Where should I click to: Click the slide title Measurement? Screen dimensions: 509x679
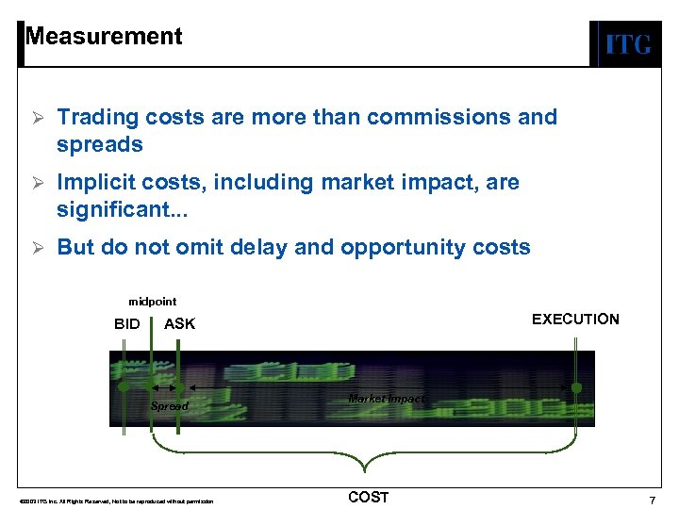click(104, 37)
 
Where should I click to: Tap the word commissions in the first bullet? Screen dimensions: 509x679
click(441, 117)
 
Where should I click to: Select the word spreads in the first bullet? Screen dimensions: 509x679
click(99, 144)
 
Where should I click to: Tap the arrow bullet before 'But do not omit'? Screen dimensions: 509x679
click(38, 248)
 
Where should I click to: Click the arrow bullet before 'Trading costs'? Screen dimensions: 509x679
click(38, 118)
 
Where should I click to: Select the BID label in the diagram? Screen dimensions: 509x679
click(127, 324)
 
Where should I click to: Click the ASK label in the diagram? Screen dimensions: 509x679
click(180, 324)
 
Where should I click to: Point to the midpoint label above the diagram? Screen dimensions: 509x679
click(153, 302)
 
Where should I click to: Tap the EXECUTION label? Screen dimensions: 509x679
click(575, 320)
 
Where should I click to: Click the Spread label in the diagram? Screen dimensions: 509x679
click(170, 406)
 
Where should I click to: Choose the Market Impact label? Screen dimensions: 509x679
click(387, 399)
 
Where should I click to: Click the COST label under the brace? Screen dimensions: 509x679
click(368, 497)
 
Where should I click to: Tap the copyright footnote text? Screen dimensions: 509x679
click(109, 501)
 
